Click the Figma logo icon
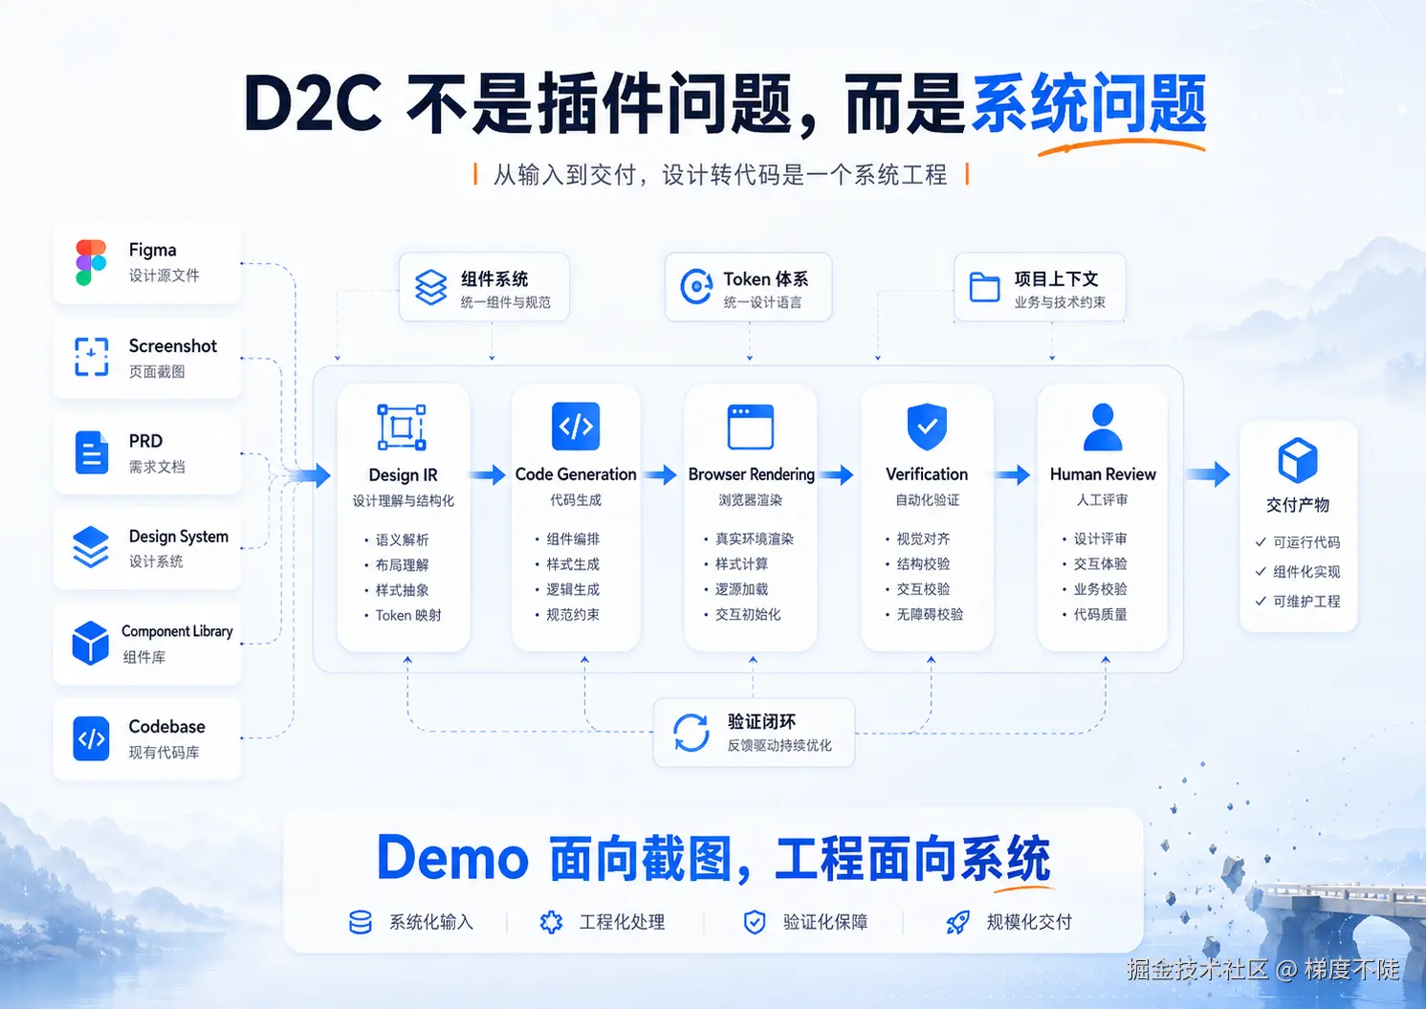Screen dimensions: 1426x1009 [91, 262]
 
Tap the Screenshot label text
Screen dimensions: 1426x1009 [172, 345]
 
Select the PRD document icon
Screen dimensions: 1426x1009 [92, 452]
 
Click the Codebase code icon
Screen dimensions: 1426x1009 [91, 738]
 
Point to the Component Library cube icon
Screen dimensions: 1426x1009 [91, 643]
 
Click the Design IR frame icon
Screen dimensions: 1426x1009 [402, 428]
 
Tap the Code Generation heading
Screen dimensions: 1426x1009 [576, 474]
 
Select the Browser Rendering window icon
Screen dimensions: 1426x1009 [751, 427]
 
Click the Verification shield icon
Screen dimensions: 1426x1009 [927, 427]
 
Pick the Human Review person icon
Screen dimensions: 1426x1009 [1103, 427]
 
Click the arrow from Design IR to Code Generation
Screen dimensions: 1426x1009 [488, 474]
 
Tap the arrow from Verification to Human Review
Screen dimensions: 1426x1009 [1012, 474]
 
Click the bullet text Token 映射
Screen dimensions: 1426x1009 [408, 615]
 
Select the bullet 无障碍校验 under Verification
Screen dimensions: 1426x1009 [930, 614]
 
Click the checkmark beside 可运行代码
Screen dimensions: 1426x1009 [1261, 541]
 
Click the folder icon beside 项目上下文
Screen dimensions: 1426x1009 [984, 287]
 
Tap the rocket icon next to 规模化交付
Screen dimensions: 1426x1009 [957, 922]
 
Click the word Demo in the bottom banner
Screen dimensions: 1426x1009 [452, 858]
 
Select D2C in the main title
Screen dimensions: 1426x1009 [312, 103]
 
